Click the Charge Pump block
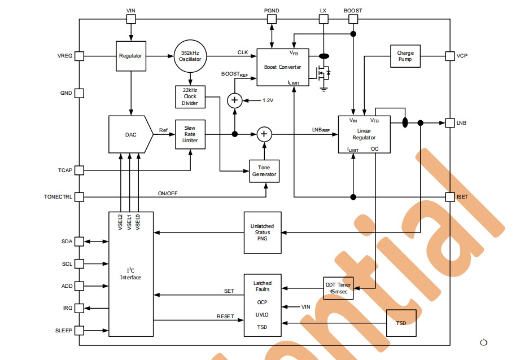coord(405,56)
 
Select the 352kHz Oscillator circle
coord(190,56)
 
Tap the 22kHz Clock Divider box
coord(190,96)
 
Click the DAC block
coord(130,134)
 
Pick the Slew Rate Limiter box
coord(190,134)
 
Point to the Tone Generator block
coord(264,171)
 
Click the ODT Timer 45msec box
coord(338,288)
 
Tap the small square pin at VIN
coord(131,19)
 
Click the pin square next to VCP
coord(450,56)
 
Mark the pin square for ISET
coord(450,197)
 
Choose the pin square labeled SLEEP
coord(80,330)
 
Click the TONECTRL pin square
coord(80,197)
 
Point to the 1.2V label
coord(268,100)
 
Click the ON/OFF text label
coord(168,194)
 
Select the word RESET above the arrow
coord(225,317)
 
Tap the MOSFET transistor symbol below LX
coord(324,72)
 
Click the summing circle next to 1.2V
coord(234,100)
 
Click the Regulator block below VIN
coord(130,56)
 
